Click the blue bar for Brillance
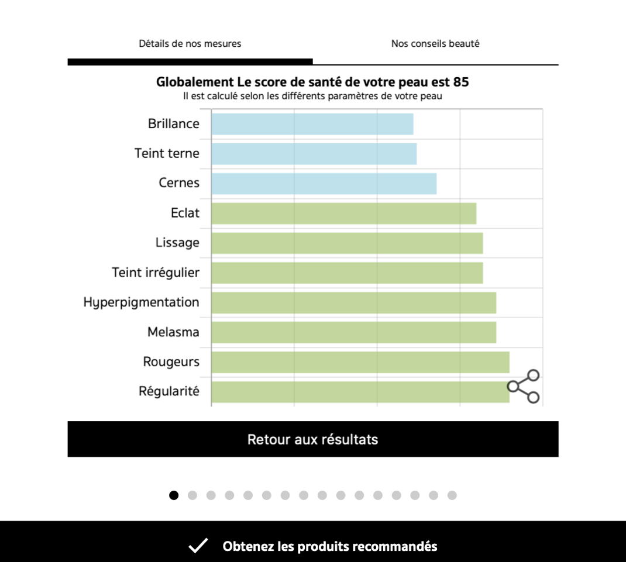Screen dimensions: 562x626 coord(312,124)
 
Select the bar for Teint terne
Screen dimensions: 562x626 coord(314,154)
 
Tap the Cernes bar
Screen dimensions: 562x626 coord(324,184)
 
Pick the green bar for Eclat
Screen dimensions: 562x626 coord(344,213)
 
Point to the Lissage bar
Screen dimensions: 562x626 coord(347,243)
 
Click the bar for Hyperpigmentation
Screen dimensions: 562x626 coord(354,303)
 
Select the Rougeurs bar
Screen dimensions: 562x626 coord(360,363)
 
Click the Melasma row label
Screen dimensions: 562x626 coord(173,332)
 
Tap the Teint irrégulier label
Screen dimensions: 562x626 coord(156,273)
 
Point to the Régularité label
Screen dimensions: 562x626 coord(169,391)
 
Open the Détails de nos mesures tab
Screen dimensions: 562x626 coord(190,44)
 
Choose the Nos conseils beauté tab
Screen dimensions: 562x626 coord(435,44)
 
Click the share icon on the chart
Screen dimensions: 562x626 coord(524,386)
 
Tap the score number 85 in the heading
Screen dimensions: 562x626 coord(461,82)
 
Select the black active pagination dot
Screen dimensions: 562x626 coord(174,495)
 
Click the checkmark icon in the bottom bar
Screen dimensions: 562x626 coord(198,546)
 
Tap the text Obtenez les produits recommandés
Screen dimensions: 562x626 coord(330,547)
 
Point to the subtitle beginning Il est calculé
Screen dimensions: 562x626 coord(312,96)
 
